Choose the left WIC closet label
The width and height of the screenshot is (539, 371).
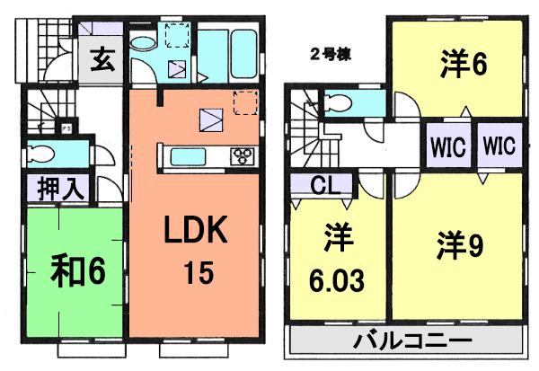point(447,146)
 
